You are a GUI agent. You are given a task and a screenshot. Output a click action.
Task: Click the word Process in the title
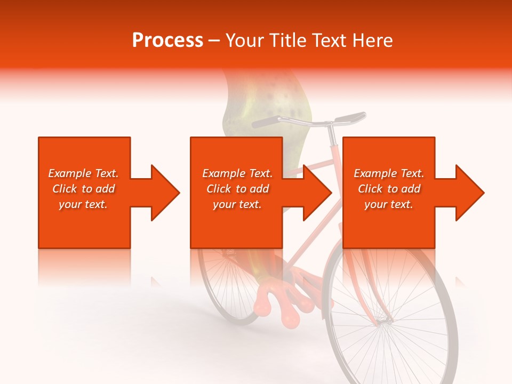click(x=167, y=41)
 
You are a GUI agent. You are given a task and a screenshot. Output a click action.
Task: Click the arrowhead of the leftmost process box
click(x=164, y=193)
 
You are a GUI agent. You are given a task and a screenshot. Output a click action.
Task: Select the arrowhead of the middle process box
click(x=317, y=193)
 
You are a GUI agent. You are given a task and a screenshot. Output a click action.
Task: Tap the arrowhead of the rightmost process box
click(x=469, y=193)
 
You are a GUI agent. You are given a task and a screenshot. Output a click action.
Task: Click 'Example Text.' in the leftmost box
click(x=83, y=173)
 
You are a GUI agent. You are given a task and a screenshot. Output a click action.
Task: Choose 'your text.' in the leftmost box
click(x=83, y=204)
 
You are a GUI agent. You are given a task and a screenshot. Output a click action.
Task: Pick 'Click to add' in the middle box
click(x=237, y=189)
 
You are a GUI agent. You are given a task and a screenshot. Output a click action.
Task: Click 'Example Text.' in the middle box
click(x=237, y=173)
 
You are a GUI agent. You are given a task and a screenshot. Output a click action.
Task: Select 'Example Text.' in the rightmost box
click(x=389, y=173)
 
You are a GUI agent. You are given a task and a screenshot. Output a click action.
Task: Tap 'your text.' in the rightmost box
click(x=389, y=204)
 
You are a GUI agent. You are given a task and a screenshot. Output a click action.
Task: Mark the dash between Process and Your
click(x=214, y=41)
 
